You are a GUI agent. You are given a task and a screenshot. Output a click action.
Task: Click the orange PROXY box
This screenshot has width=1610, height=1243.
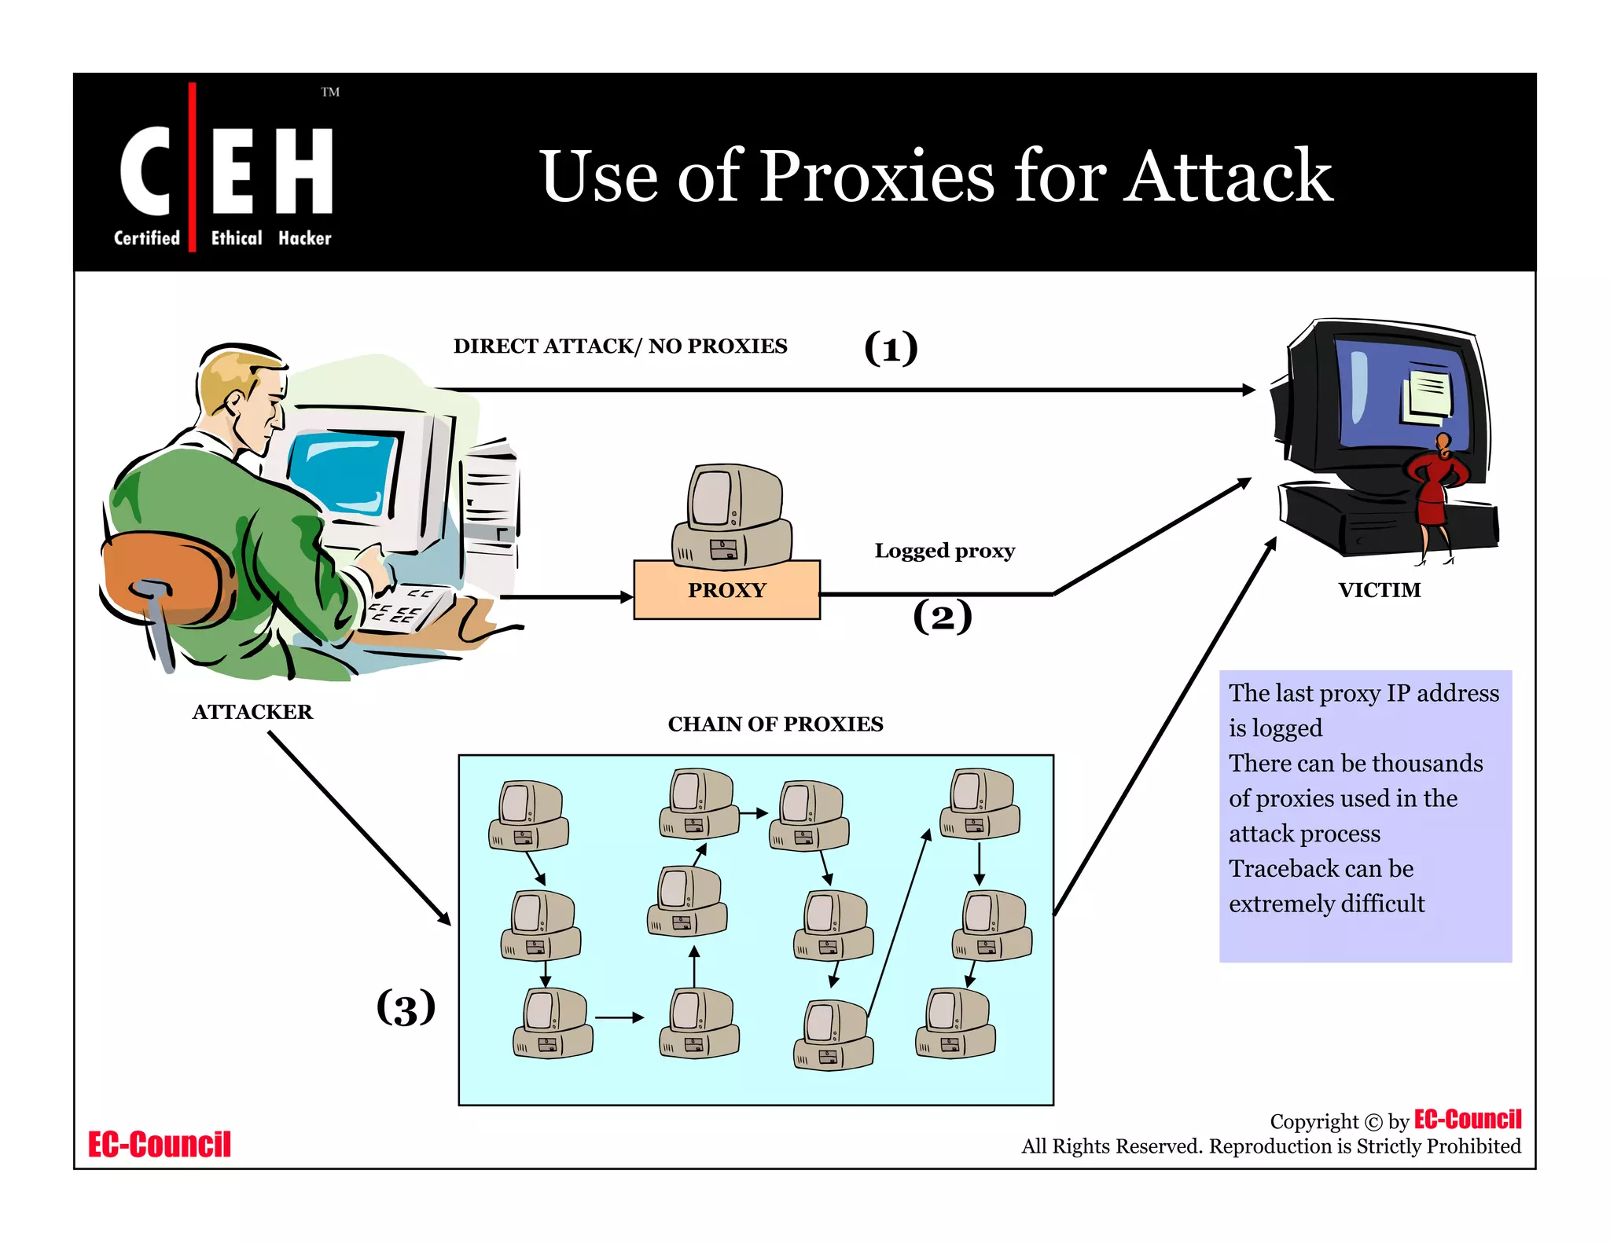click(726, 590)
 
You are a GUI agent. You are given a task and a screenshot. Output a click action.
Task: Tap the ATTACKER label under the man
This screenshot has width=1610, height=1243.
click(252, 712)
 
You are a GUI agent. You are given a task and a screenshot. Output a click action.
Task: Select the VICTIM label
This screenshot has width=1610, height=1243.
click(1380, 590)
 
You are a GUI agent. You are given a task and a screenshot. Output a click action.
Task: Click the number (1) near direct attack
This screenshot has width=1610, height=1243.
click(891, 348)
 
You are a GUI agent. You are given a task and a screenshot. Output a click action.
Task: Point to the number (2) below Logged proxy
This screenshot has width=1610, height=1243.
click(942, 617)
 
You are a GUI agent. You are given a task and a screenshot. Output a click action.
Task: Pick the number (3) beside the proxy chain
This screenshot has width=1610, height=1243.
click(406, 1008)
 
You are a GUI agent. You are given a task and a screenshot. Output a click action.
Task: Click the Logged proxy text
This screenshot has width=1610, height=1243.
click(944, 551)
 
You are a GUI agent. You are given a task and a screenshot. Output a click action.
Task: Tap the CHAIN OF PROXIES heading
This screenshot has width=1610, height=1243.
click(775, 724)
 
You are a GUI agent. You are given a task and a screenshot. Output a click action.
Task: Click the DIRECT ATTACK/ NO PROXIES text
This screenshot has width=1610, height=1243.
click(619, 346)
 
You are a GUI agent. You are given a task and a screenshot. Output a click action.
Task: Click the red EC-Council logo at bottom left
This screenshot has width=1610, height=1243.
click(159, 1145)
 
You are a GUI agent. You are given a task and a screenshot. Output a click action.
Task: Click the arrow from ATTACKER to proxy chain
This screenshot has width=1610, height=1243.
click(359, 828)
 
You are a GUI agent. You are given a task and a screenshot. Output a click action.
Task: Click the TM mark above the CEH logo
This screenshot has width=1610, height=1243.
click(330, 93)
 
